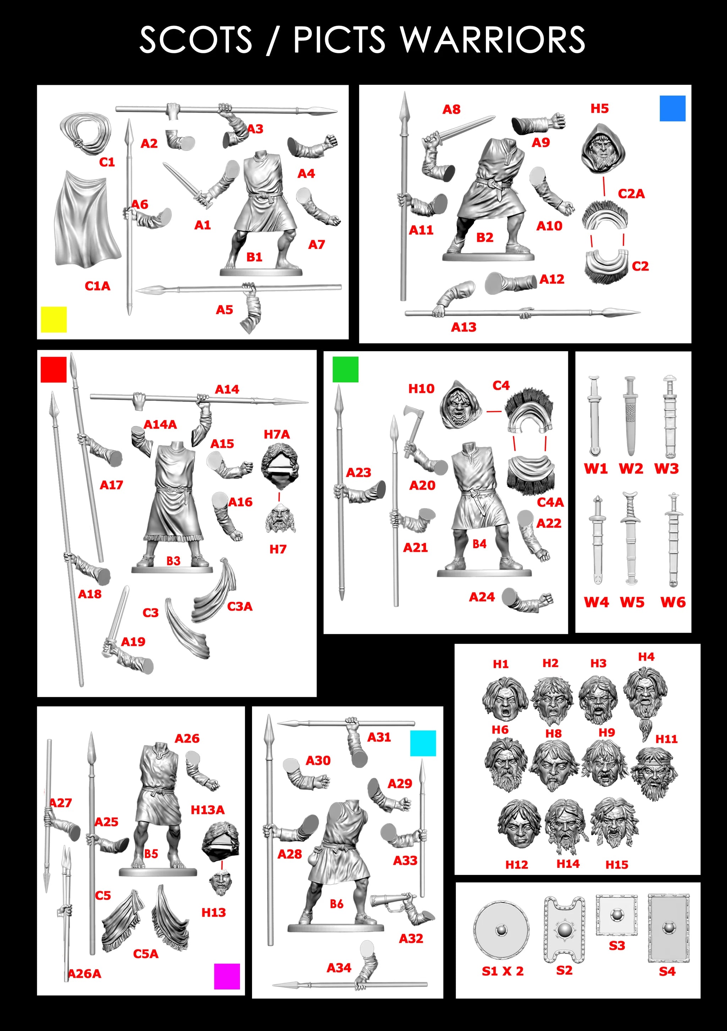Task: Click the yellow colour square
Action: (54, 319)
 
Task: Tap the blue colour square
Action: (672, 108)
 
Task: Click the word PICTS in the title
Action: (339, 40)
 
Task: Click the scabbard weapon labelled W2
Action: (630, 416)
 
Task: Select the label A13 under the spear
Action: (463, 327)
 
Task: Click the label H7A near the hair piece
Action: (277, 434)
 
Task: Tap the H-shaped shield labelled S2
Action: (564, 929)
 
